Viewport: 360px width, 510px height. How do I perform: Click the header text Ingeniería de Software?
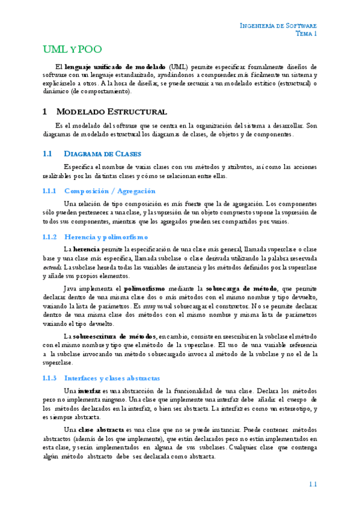pyautogui.click(x=278, y=25)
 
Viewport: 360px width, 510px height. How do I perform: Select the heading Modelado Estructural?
pyautogui.click(x=111, y=112)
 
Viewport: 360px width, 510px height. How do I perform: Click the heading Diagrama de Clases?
pyautogui.click(x=102, y=153)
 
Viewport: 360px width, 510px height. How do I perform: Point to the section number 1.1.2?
pyautogui.click(x=49, y=237)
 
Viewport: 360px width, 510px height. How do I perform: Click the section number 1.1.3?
pyautogui.click(x=49, y=378)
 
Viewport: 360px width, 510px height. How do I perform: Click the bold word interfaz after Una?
pyautogui.click(x=90, y=391)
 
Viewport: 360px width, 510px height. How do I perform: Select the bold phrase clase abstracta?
pyautogui.click(x=100, y=430)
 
